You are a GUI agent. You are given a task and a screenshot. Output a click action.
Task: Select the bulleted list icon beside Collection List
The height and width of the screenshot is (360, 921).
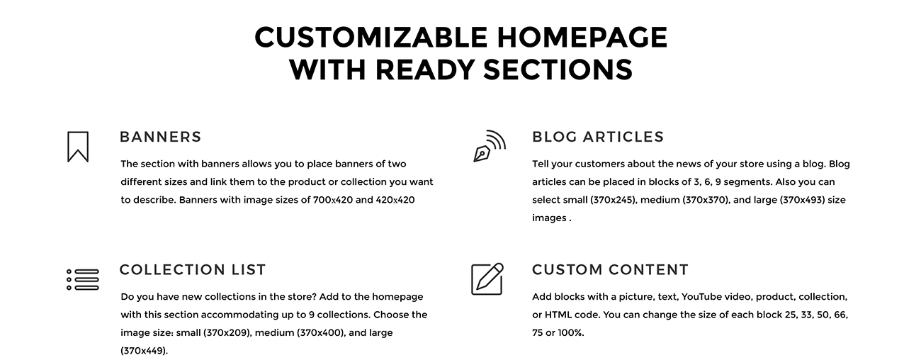coord(83,280)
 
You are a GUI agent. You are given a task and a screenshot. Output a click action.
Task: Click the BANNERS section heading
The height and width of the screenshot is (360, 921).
coord(160,137)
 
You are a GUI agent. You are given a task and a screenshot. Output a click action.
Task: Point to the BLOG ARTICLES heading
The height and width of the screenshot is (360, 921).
coord(598,137)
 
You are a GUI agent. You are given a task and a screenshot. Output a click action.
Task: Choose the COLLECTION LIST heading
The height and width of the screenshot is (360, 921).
coord(193,269)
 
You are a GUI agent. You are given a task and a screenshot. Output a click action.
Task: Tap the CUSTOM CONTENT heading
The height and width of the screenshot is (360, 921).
coord(610,269)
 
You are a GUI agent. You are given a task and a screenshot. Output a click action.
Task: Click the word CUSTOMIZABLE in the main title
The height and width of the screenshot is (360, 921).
coord(371,37)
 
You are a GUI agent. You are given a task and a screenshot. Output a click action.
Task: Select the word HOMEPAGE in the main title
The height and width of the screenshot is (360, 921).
coord(582,37)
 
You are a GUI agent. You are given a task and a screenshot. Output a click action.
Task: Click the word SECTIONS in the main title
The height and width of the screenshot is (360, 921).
coord(558,69)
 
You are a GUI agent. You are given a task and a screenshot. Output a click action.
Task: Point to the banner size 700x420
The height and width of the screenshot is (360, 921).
coord(333,200)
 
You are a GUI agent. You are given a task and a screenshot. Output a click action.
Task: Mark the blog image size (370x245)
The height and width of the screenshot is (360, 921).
coord(613,201)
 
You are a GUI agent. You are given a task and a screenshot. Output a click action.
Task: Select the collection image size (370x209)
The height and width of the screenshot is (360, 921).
coord(227,333)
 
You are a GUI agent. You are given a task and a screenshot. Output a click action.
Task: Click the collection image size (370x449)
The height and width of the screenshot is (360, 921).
coord(144,351)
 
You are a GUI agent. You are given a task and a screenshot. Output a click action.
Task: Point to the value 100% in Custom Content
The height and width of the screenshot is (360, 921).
coord(570,333)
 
